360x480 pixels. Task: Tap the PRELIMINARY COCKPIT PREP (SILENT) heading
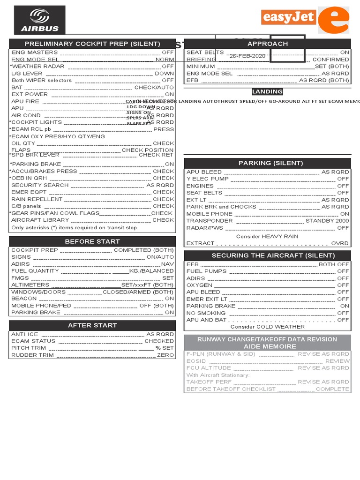[92, 44]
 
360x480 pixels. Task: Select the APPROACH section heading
[267, 44]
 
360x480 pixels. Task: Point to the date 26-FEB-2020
[247, 56]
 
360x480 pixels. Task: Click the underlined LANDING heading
[267, 92]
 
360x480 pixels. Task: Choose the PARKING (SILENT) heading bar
[267, 163]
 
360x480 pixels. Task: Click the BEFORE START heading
[92, 241]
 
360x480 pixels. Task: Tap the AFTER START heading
[92, 325]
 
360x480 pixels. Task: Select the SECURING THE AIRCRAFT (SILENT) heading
[267, 255]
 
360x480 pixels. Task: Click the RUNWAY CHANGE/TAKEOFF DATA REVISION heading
[267, 339]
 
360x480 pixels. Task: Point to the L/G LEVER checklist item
[27, 74]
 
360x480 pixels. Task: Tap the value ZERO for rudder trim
[165, 355]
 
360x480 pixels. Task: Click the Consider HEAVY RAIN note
[267, 236]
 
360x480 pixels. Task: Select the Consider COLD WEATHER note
[267, 327]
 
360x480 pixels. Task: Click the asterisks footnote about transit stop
[75, 228]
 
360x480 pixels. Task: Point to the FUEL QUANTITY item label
[35, 271]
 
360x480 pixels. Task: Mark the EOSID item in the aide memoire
[196, 361]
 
